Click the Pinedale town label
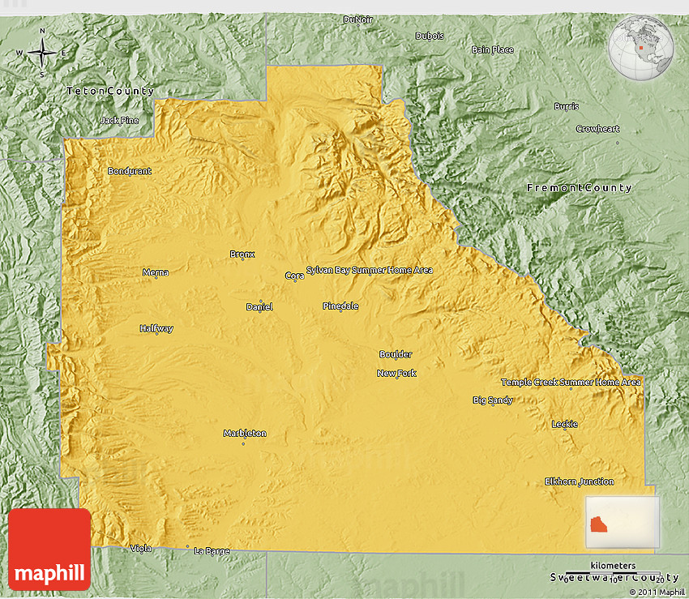pos(340,306)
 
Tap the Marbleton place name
pos(244,434)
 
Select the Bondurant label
pos(130,171)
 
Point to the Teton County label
pos(110,91)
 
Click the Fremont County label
pos(579,188)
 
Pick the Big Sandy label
pos(492,400)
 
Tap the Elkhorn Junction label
pos(579,481)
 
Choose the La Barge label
pos(212,551)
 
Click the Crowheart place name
pos(597,129)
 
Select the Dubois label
pos(430,36)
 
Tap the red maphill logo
pos(49,549)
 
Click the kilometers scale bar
pos(613,574)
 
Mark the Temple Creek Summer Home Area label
pos(571,382)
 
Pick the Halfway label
pos(156,328)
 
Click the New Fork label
pos(396,373)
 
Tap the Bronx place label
pos(242,255)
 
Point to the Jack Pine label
pos(119,121)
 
